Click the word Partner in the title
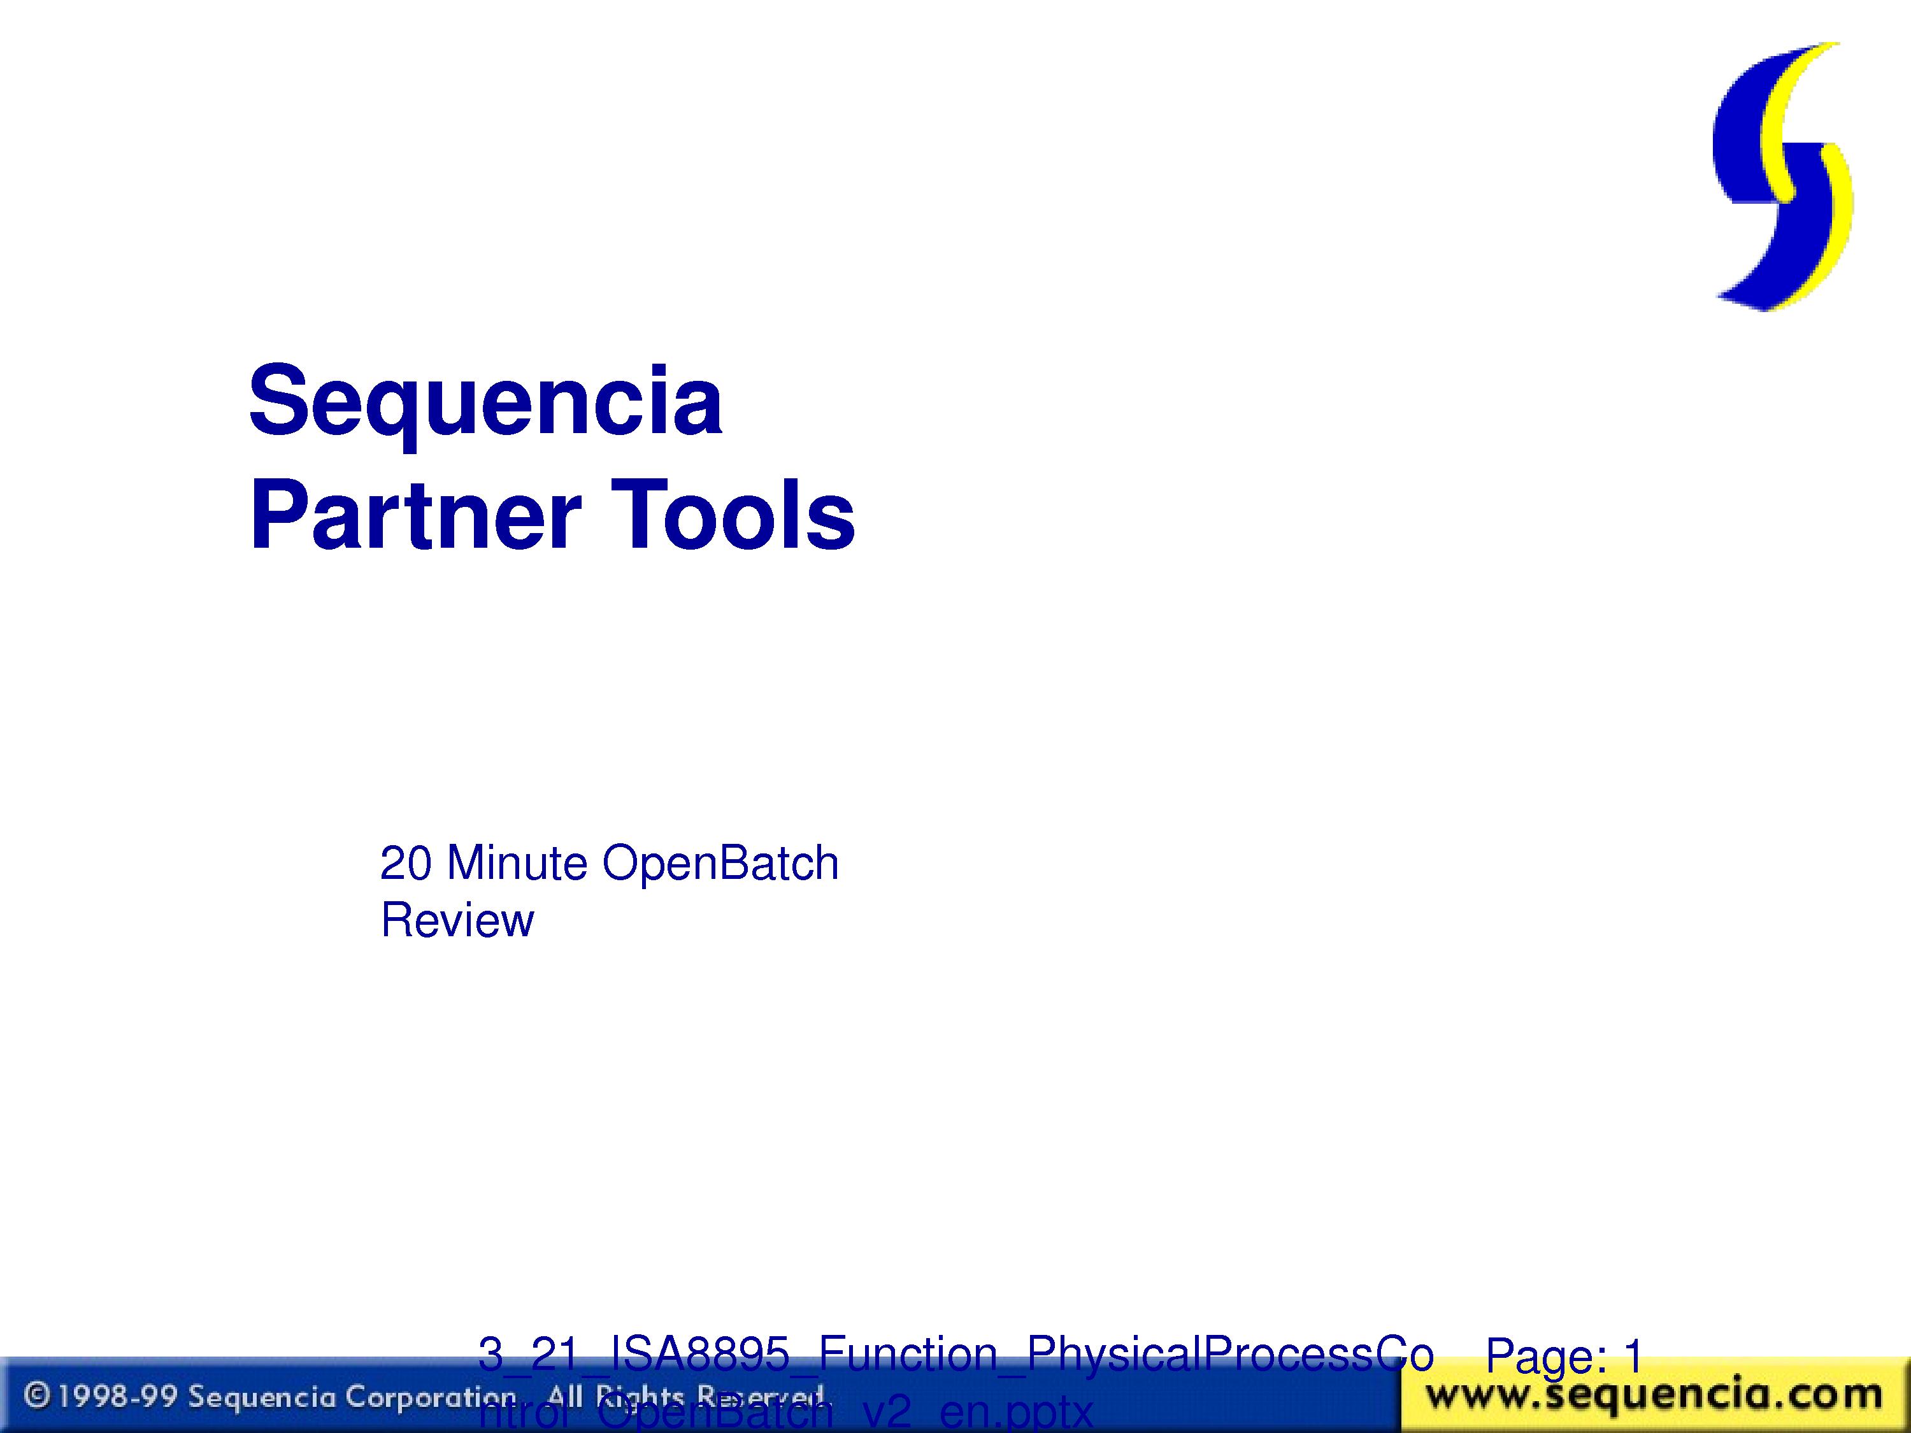pos(415,517)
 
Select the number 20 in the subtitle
pos(405,863)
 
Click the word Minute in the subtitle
pos(517,863)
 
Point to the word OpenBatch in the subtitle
pos(720,863)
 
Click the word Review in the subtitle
pos(457,920)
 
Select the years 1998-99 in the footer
pos(117,1397)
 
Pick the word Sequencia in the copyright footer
pos(262,1397)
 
